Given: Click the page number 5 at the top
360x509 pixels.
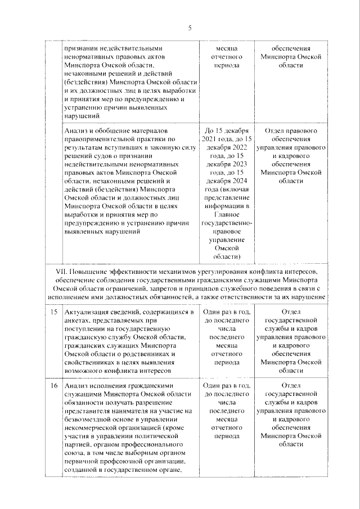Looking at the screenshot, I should (x=190, y=28).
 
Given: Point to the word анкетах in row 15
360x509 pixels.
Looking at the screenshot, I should (x=78, y=320).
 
